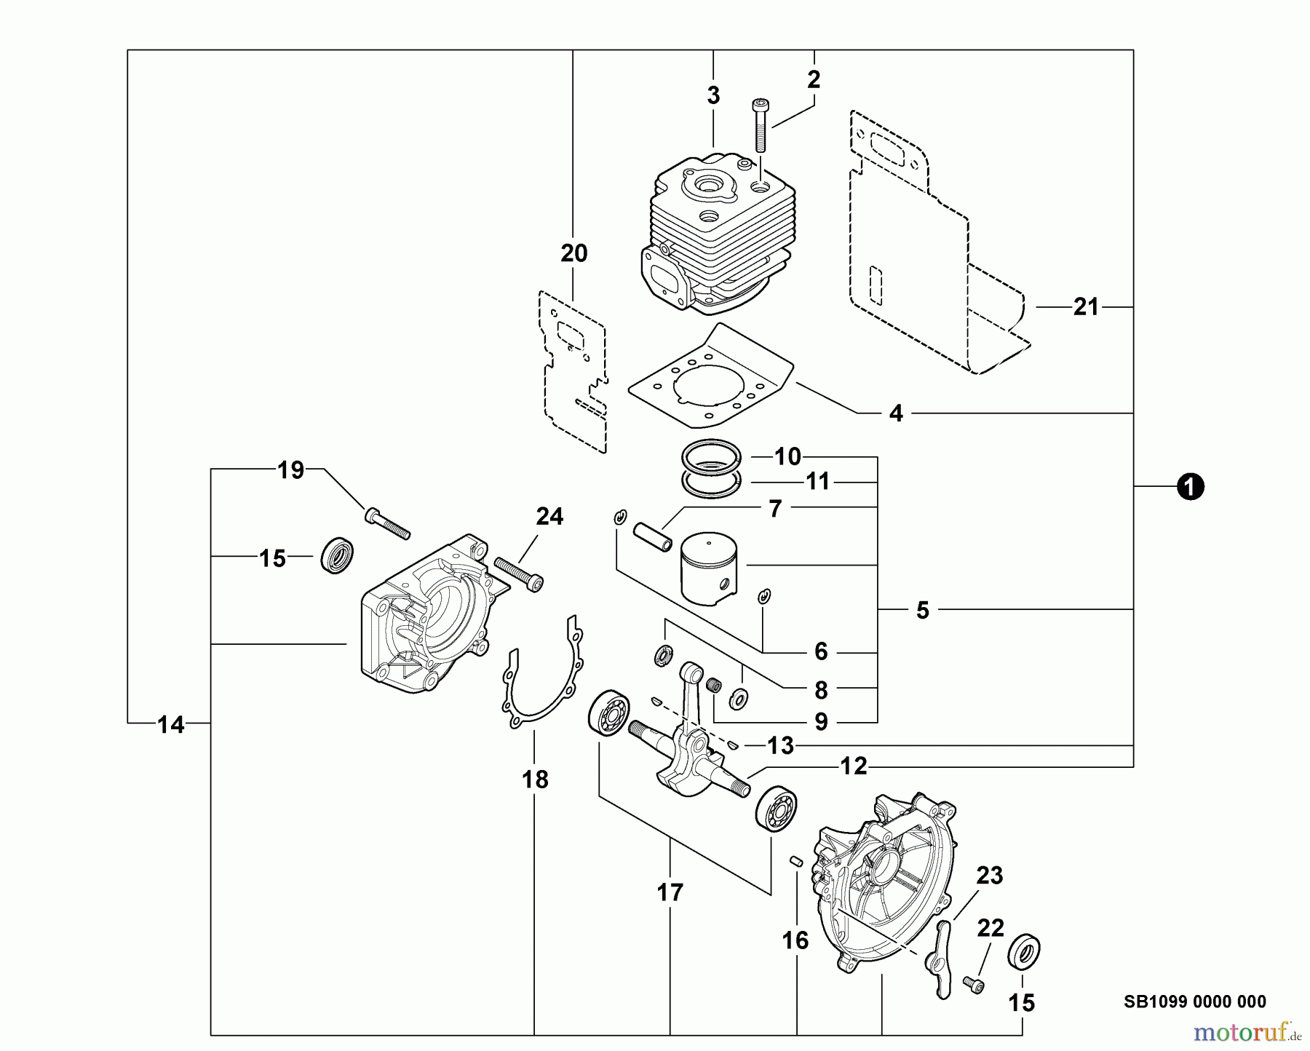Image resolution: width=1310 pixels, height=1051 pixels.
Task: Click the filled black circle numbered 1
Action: (1190, 487)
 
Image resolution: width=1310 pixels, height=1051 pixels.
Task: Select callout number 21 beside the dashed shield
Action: (1085, 307)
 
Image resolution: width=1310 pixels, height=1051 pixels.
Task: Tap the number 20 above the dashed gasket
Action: (573, 253)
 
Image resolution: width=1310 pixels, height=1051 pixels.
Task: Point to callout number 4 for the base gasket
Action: (896, 413)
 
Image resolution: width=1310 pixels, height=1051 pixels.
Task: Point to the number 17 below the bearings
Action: (670, 892)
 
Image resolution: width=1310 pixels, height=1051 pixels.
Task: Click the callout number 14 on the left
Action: (171, 724)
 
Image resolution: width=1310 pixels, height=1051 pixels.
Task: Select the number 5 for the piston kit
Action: (922, 610)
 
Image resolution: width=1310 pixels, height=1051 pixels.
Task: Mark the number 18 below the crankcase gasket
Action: (535, 780)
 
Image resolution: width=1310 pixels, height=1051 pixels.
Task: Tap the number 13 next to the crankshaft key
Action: (779, 745)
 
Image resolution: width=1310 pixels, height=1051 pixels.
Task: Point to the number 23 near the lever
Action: (989, 876)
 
